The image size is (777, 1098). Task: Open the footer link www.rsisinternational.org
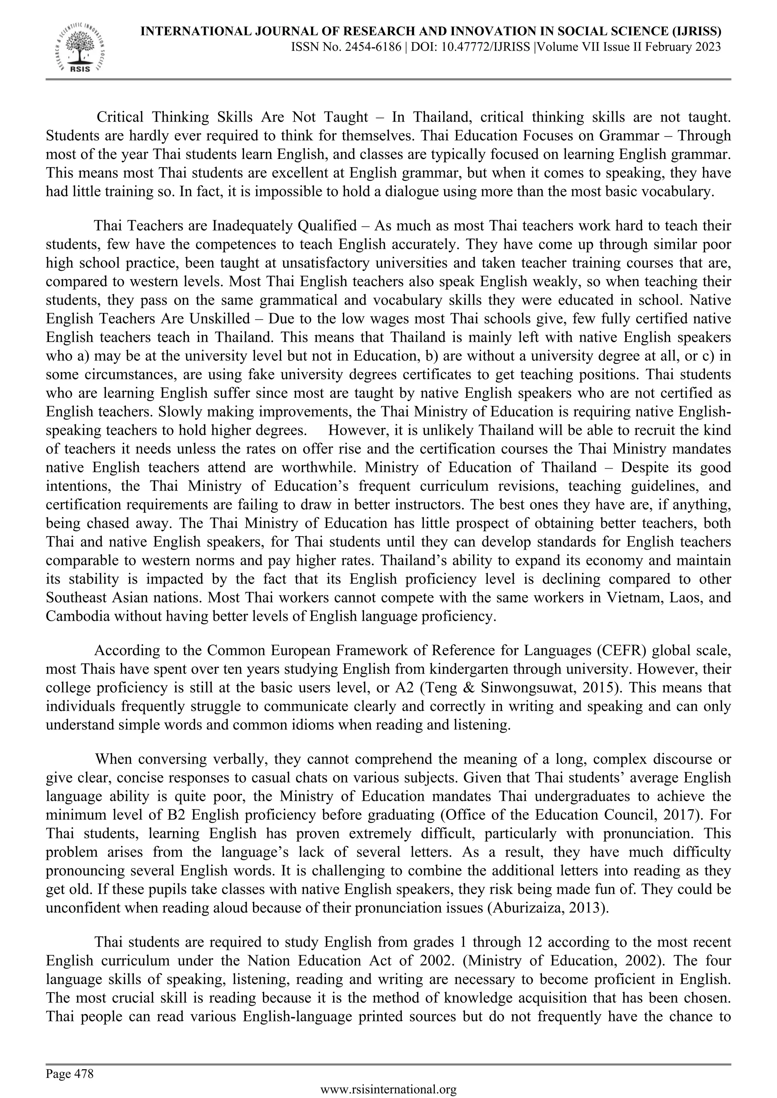click(388, 1089)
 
